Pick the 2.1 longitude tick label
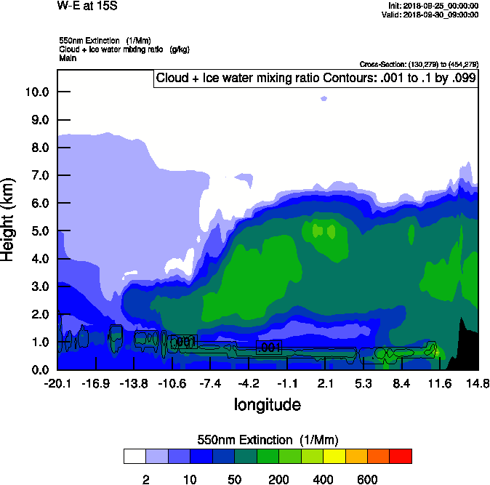point(325,383)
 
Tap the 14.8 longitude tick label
point(478,383)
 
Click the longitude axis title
point(267,404)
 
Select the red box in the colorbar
point(401,456)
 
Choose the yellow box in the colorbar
point(334,456)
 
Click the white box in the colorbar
point(134,456)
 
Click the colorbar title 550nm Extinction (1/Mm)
point(268,439)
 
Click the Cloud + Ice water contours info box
point(316,79)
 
